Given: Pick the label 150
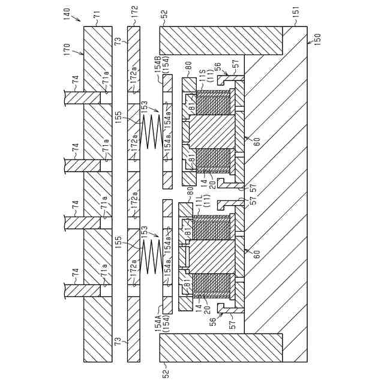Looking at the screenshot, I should point(314,38).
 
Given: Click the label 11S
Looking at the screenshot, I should point(202,77).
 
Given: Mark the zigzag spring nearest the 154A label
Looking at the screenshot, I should point(151,260).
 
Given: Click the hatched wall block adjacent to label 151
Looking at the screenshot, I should point(221,40).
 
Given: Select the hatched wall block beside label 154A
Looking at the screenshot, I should point(221,348).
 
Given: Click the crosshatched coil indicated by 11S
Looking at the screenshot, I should point(214,103).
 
